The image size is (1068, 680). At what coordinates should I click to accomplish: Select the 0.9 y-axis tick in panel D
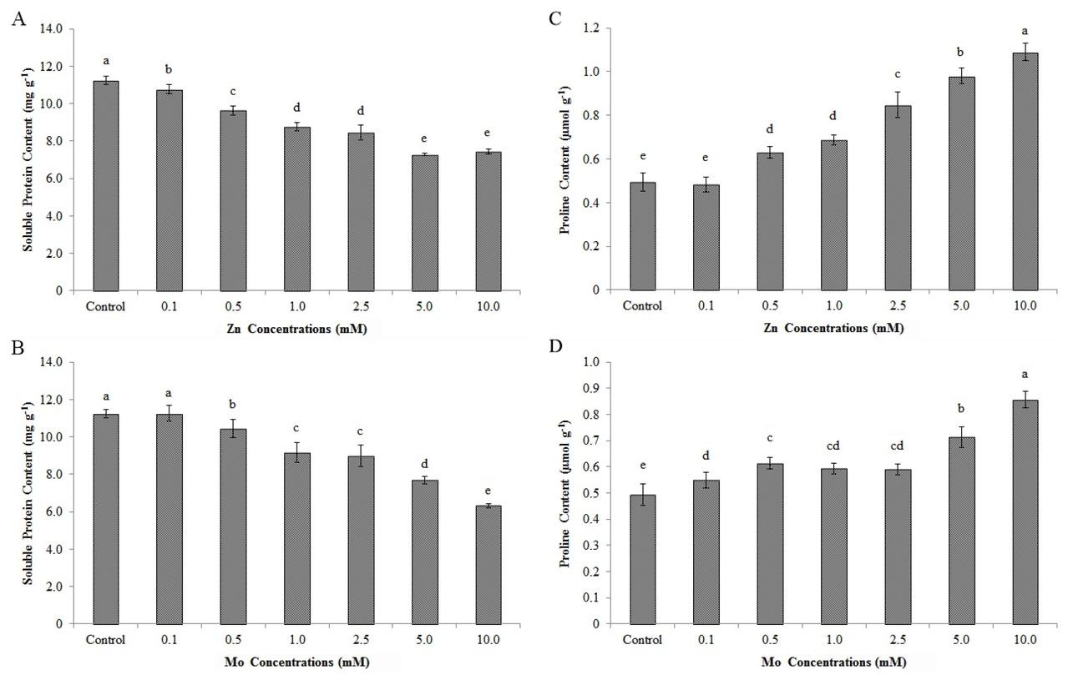click(x=594, y=388)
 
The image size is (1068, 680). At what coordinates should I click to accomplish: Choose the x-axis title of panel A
click(x=296, y=329)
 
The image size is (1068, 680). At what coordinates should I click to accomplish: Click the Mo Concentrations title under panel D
click(x=833, y=662)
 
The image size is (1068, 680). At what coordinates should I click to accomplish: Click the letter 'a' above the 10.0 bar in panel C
click(x=1025, y=31)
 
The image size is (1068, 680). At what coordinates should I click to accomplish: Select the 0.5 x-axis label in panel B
click(x=233, y=640)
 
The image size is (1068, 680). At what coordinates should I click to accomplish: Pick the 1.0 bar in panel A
click(x=296, y=209)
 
